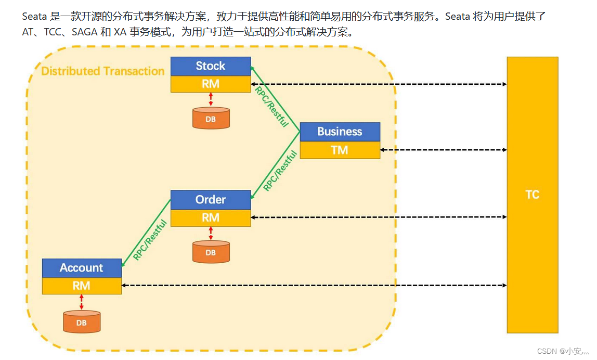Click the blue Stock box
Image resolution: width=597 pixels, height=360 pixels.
click(x=211, y=66)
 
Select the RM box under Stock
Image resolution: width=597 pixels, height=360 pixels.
click(x=211, y=84)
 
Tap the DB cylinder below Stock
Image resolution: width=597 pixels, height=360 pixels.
click(x=211, y=118)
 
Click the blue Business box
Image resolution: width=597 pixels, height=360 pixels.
click(x=340, y=132)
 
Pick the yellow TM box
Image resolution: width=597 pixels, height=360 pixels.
click(x=340, y=150)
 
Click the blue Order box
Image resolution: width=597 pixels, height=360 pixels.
click(x=211, y=200)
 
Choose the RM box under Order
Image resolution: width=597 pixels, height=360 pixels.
click(x=211, y=217)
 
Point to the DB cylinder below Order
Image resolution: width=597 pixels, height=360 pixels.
click(x=211, y=252)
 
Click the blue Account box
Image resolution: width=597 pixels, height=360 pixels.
click(x=82, y=268)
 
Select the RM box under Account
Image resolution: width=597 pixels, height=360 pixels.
click(x=82, y=286)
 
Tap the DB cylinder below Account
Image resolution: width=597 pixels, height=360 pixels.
click(x=82, y=322)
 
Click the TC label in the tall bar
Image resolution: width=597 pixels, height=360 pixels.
click(x=532, y=195)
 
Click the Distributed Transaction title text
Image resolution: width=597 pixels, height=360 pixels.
click(x=103, y=71)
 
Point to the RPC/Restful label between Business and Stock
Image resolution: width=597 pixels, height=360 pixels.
click(x=271, y=106)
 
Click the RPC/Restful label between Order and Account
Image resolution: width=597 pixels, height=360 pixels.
click(x=150, y=240)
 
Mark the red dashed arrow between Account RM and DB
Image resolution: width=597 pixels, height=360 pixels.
click(x=82, y=302)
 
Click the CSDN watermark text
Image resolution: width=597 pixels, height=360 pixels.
click(x=563, y=351)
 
